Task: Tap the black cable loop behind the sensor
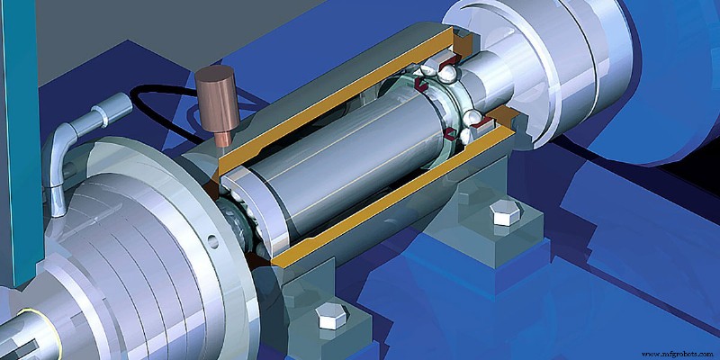[x=148, y=91]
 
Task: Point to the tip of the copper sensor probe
[x=222, y=139]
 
